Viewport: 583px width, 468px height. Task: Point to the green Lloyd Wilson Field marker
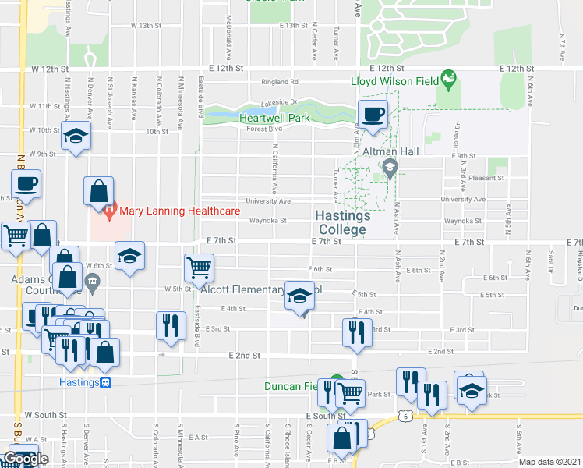[x=448, y=78]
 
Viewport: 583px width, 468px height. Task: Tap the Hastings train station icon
[x=106, y=382]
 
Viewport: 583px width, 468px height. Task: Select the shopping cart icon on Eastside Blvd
[x=199, y=268]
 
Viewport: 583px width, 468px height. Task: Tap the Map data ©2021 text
[x=549, y=462]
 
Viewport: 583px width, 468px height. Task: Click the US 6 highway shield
[x=406, y=417]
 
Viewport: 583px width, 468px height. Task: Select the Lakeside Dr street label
[x=278, y=102]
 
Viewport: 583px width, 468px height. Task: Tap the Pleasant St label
[x=489, y=178]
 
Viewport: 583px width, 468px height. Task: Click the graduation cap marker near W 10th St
[x=75, y=137]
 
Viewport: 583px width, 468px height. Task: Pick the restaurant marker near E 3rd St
[x=353, y=331]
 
